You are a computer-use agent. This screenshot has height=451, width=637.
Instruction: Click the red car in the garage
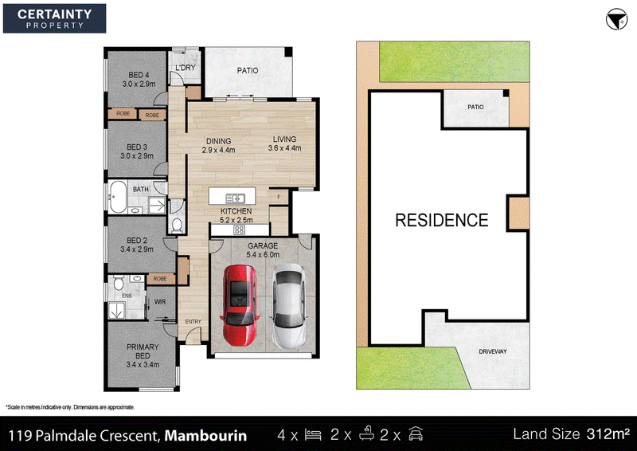coord(240,305)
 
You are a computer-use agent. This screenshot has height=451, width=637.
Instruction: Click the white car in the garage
coord(288,306)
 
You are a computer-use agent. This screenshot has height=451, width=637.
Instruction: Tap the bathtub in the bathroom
coord(118,197)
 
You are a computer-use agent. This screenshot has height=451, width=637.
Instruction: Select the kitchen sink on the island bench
coord(235,198)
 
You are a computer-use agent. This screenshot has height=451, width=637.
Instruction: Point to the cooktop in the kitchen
coord(240,230)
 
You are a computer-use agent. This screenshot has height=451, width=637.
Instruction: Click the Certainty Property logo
coord(54,18)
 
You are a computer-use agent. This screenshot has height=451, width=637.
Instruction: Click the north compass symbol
coord(616,19)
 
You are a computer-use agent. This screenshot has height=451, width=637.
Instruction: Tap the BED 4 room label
coord(139,75)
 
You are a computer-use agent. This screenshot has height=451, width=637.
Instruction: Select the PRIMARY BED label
coord(143,351)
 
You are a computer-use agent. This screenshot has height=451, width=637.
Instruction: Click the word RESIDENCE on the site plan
coord(442,221)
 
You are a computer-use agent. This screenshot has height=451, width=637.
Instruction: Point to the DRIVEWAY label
coord(493,351)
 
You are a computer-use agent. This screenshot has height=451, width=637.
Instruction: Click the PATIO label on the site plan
coord(475,107)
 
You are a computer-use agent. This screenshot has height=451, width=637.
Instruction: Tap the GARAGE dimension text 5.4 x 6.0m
coord(263,255)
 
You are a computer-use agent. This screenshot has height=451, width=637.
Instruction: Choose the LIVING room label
coord(284,139)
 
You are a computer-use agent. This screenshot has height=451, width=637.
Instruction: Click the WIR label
coord(160,302)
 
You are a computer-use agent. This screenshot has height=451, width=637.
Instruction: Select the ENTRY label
coord(193,322)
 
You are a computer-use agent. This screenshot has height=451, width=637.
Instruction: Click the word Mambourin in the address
coord(205,436)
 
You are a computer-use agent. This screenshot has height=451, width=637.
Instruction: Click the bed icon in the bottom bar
coord(313,435)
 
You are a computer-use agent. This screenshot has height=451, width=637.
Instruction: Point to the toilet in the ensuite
coord(118,282)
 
